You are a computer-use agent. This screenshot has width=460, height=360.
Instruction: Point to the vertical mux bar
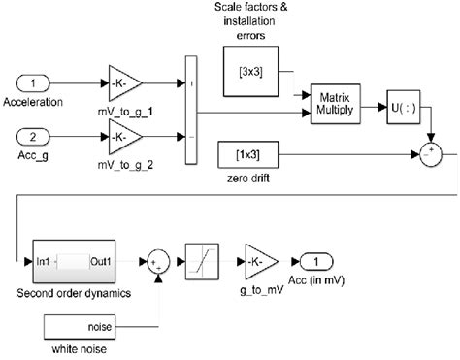188,108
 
